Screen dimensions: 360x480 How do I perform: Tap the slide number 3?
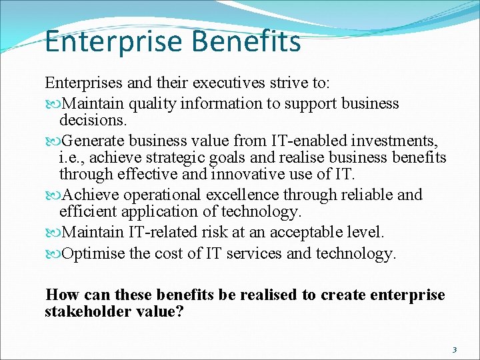[455, 349]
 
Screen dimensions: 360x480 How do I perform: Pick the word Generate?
[93, 141]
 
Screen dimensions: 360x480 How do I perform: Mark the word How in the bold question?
[59, 295]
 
